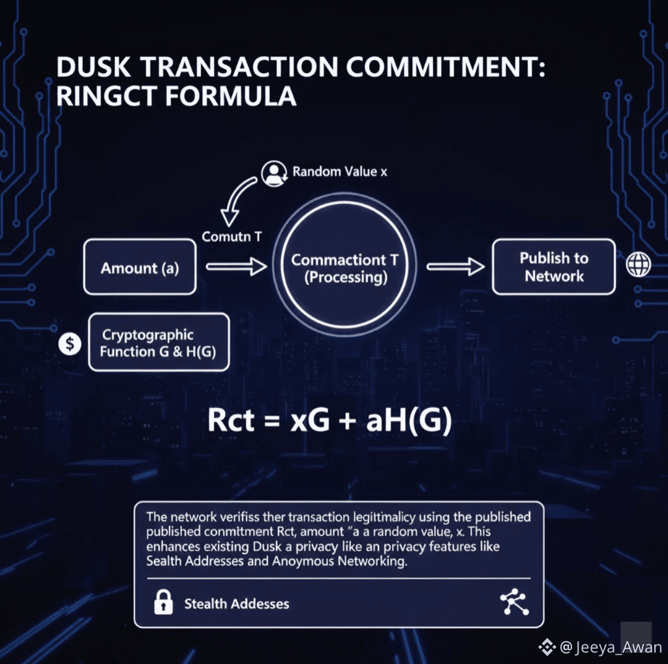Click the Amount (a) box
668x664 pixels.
(x=140, y=267)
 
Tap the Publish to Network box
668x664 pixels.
(x=553, y=267)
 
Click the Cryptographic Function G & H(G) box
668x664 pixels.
(x=159, y=343)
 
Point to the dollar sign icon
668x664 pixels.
(x=70, y=343)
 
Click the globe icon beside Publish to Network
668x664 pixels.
(x=638, y=264)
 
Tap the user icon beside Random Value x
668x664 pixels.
(x=273, y=172)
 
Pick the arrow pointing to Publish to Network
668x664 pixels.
(x=455, y=266)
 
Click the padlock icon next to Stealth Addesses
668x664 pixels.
(x=162, y=603)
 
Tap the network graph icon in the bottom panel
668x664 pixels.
(x=513, y=603)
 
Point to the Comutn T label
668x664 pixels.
(x=232, y=236)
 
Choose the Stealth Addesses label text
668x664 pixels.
(x=236, y=603)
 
